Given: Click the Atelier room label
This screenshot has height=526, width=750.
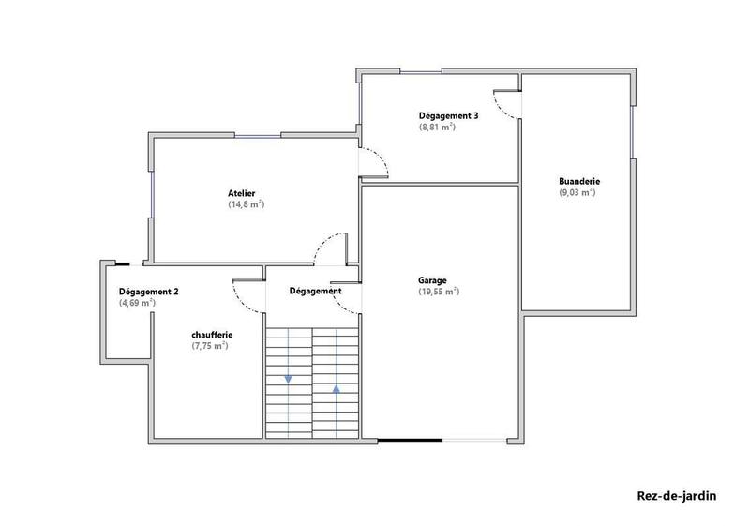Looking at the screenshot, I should click(x=241, y=193).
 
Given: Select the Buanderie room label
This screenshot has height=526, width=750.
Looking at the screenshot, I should click(x=578, y=181).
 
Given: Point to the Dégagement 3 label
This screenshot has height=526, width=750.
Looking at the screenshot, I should click(x=448, y=115).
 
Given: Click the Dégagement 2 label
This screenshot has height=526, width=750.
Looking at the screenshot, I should click(x=148, y=292).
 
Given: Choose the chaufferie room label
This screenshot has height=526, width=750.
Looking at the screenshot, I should click(x=212, y=335).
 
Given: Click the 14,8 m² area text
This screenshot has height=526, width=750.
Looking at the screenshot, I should click(x=246, y=204).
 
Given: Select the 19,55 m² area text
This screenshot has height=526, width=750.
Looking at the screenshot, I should click(x=438, y=292).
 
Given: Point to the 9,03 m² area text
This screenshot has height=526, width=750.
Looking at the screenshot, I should click(x=577, y=192).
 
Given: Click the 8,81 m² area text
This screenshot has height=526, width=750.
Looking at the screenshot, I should click(x=437, y=127).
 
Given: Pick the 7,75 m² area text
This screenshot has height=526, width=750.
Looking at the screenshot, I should click(x=209, y=346).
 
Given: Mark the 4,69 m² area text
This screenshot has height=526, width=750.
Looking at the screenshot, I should click(x=137, y=303).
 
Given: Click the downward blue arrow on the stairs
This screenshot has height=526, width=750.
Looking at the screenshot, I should click(x=288, y=379).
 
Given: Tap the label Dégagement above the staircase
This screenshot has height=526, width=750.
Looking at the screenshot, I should click(x=315, y=292).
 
